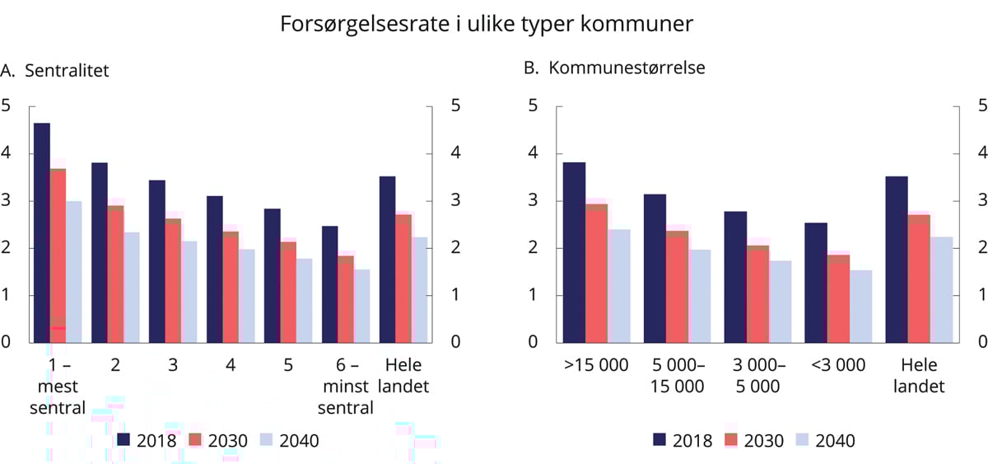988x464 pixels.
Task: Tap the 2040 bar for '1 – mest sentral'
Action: click(73, 272)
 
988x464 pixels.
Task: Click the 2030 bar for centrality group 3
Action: click(173, 280)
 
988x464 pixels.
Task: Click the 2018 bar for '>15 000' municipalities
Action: click(574, 252)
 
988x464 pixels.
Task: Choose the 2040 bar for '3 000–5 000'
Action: click(781, 302)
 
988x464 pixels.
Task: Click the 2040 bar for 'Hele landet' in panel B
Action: click(942, 289)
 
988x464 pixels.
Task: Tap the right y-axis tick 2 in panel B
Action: click(981, 248)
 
